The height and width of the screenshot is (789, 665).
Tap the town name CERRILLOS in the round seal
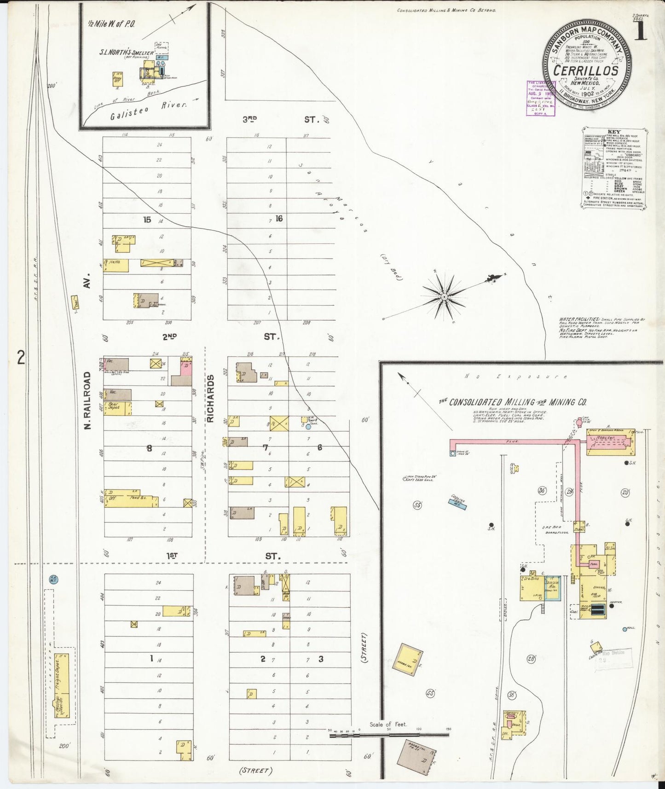tap(585, 70)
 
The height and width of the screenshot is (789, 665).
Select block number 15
tap(147, 220)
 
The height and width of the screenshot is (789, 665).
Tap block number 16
tap(279, 219)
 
